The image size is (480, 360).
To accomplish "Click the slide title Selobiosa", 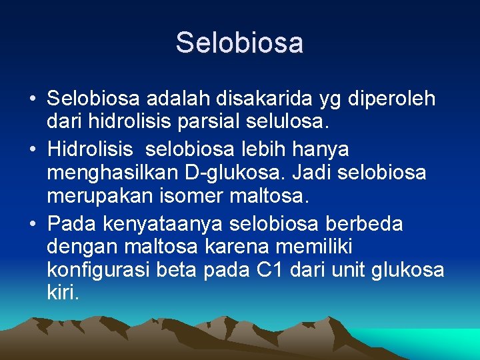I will pos(240,43).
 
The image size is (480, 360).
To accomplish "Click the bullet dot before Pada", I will pos(33,223).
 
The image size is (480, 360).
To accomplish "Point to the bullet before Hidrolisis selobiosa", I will pos(33,149).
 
